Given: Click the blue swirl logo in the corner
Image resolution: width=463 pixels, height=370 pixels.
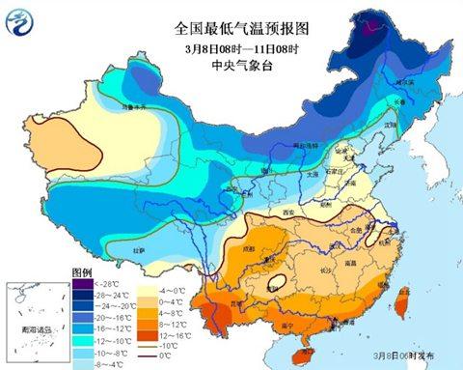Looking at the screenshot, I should click(21, 22).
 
